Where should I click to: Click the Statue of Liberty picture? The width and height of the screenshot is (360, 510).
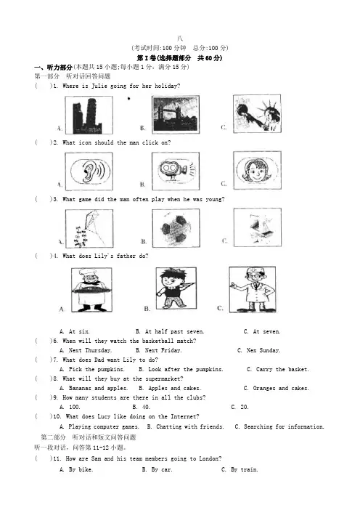click(257, 113)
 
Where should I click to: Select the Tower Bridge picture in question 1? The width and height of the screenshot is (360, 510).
click(176, 115)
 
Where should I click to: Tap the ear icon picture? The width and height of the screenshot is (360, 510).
click(89, 171)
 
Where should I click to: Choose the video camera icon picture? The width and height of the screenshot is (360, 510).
click(176, 171)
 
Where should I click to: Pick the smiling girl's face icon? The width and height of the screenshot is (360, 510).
click(258, 170)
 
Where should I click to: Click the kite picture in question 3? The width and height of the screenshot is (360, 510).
click(89, 228)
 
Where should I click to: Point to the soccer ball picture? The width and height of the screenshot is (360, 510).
click(176, 228)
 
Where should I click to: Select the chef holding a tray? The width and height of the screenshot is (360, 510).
click(91, 290)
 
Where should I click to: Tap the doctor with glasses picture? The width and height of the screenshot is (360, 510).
click(253, 289)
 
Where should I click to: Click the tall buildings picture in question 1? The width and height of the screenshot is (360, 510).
click(89, 115)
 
